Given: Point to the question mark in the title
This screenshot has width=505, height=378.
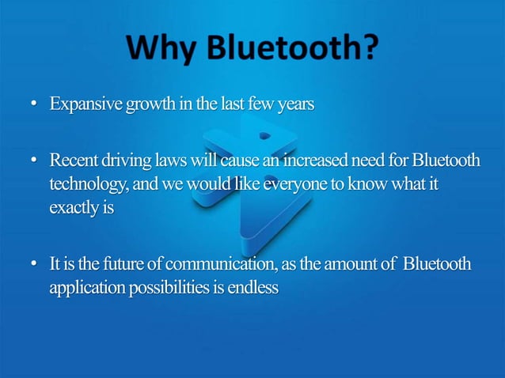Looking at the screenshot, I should coord(367,51).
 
